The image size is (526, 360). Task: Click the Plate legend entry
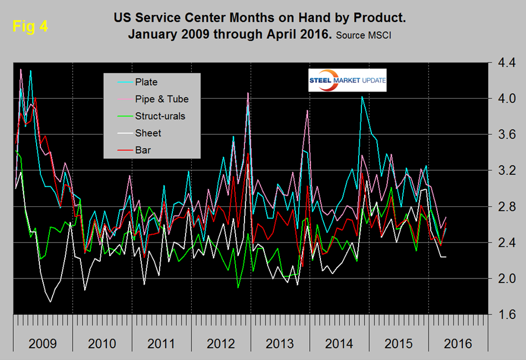[146, 82]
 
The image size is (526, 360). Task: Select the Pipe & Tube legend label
[162, 99]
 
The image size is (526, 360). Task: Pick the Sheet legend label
[148, 133]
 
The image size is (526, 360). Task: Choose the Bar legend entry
[143, 150]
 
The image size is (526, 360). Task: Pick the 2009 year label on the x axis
[42, 344]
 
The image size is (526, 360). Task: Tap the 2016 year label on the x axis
[458, 344]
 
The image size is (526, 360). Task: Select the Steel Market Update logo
[348, 81]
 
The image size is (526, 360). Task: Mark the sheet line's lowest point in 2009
[50, 302]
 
